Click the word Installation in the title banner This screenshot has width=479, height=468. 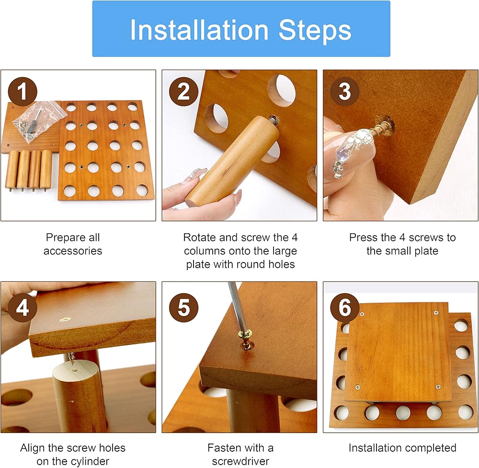(x=199, y=30)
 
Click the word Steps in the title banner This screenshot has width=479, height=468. (x=315, y=30)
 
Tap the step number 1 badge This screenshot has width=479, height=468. (x=23, y=91)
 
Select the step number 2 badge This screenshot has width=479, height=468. (x=183, y=91)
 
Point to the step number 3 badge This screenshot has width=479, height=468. (x=345, y=91)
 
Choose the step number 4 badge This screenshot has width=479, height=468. (x=23, y=308)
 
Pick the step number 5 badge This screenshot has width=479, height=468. (x=183, y=308)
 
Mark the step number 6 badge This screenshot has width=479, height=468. (x=345, y=308)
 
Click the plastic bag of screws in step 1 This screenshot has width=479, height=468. (x=39, y=122)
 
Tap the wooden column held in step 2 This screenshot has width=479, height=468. (x=232, y=162)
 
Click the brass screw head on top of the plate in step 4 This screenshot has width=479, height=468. (x=65, y=320)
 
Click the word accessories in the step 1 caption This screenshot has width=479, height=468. (x=73, y=251)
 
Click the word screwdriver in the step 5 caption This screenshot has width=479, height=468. (x=240, y=461)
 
